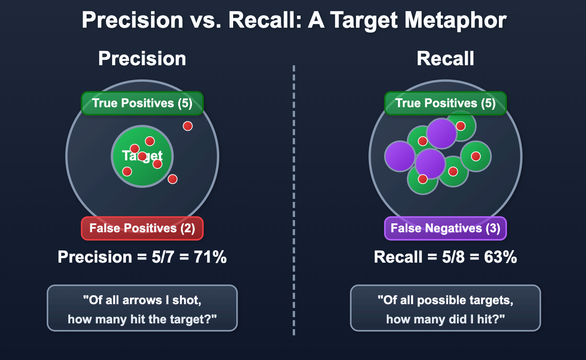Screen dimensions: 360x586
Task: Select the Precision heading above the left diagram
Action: click(142, 59)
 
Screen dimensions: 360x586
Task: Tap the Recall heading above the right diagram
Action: click(445, 59)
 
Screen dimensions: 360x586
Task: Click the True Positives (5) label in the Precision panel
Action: click(142, 103)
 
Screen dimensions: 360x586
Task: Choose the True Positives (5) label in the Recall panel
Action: click(445, 103)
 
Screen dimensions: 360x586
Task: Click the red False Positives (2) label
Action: click(142, 228)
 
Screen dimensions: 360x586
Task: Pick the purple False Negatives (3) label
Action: click(445, 228)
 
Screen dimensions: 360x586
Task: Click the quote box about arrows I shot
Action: click(142, 308)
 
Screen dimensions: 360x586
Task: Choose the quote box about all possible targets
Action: click(445, 308)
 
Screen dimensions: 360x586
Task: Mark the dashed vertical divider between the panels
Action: click(294, 201)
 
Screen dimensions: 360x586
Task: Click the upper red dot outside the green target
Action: click(188, 126)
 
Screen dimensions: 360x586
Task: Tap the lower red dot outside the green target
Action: click(172, 179)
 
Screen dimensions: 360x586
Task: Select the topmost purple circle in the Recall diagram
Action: click(442, 133)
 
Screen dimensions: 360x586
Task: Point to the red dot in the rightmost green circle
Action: click(476, 156)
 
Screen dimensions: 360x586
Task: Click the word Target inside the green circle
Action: click(142, 156)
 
